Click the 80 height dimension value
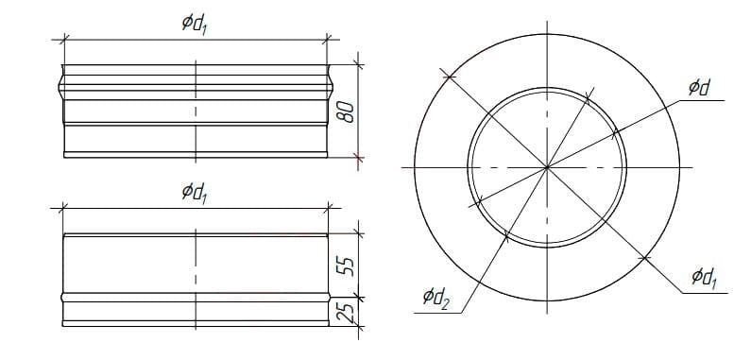tap(349, 111)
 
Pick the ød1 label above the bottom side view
tap(195, 193)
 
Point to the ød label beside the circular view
tap(699, 88)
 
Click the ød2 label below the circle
tap(435, 299)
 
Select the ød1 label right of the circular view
tap(705, 278)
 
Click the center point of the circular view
tap(547, 167)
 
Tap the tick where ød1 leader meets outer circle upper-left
tap(449, 76)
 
